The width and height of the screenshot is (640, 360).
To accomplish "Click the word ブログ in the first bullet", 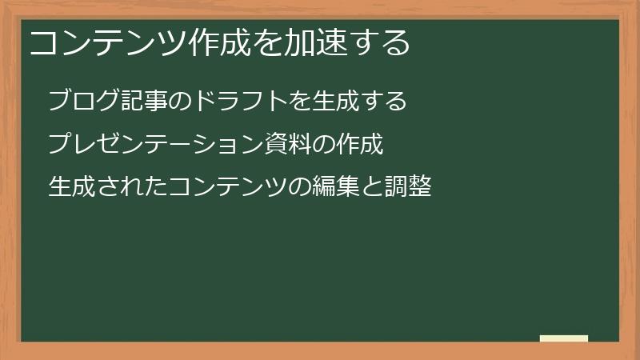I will click(82, 102).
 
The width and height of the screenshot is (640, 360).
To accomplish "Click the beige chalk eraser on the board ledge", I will click(563, 338).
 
